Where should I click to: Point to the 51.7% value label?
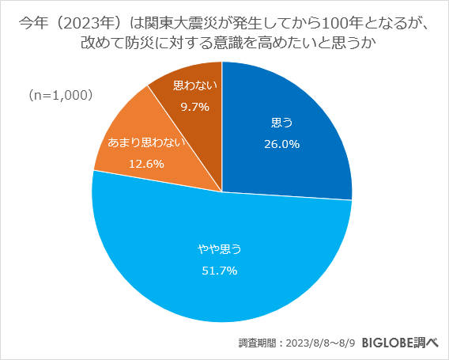click(219, 270)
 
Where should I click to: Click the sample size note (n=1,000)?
click(61, 95)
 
